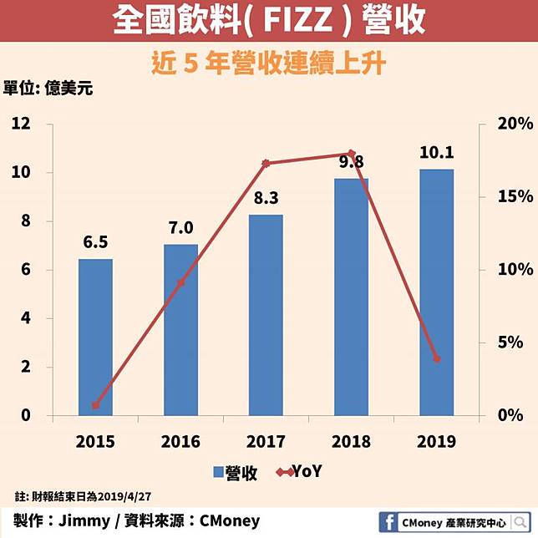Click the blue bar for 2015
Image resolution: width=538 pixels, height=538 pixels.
(95, 337)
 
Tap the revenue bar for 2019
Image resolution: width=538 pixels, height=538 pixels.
(437, 292)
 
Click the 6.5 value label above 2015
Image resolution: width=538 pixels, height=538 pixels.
(95, 242)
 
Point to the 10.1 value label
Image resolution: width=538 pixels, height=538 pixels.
(437, 153)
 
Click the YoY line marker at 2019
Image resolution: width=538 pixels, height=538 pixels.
(437, 359)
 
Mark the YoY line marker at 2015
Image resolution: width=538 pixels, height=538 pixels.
(95, 406)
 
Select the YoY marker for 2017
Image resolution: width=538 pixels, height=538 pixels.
(266, 163)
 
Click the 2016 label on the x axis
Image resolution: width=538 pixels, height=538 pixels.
(180, 440)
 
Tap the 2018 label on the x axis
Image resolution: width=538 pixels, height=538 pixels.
(351, 440)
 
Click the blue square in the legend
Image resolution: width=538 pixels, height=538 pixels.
(220, 472)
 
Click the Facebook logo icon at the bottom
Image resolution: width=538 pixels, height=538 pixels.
(387, 520)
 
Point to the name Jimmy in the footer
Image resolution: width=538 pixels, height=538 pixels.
(88, 520)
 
